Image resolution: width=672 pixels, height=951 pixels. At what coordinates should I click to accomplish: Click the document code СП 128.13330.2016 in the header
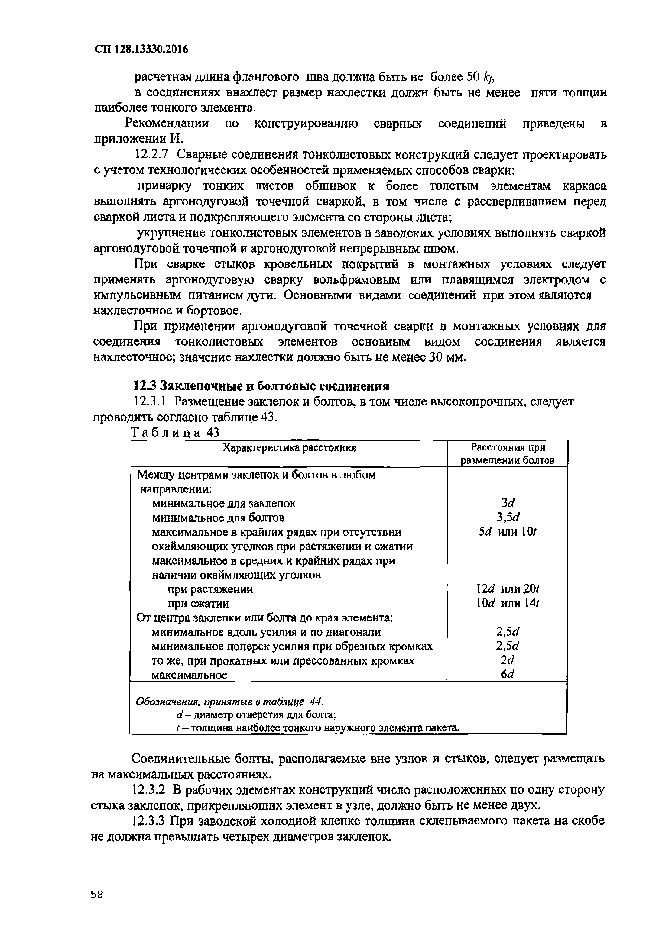point(141,50)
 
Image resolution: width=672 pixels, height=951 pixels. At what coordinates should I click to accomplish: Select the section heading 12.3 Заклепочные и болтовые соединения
point(261,386)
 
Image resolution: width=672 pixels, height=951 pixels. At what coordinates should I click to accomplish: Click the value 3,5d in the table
point(508,517)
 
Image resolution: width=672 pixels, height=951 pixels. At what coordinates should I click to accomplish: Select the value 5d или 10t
point(508,532)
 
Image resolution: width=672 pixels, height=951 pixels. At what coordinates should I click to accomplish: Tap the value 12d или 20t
point(508,589)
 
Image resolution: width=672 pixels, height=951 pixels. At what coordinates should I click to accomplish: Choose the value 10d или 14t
point(508,603)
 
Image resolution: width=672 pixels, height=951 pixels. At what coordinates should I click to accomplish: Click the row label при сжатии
point(198,604)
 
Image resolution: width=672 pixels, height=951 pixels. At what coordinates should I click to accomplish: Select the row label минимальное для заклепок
point(224,503)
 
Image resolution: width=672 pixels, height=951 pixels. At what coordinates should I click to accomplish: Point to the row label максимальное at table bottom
point(190,675)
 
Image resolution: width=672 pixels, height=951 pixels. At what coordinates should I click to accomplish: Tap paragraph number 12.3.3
point(150,821)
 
